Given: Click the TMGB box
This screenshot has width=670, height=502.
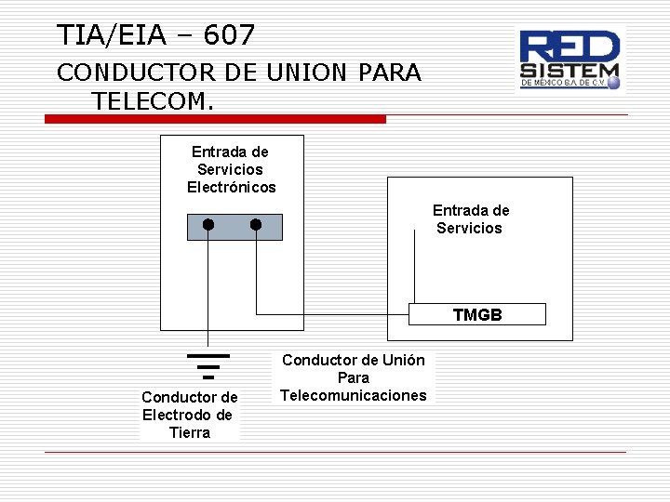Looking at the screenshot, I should click(477, 314).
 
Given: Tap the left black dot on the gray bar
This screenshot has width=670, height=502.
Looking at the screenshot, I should click(208, 225).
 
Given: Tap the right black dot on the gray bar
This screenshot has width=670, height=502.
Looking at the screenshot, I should click(256, 225).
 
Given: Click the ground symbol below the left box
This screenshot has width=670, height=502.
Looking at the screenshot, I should click(208, 364).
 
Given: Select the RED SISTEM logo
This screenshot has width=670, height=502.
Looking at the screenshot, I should click(569, 59).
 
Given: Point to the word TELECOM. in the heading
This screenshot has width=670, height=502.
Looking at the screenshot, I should click(153, 99).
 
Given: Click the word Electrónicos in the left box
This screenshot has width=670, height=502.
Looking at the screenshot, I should click(232, 187).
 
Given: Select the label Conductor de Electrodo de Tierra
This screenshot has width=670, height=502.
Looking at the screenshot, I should click(190, 415).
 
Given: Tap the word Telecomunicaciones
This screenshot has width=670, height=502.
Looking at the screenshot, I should click(354, 395).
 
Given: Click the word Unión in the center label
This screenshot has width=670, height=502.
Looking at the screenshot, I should click(402, 360).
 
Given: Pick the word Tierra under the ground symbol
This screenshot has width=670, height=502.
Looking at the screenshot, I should click(190, 432).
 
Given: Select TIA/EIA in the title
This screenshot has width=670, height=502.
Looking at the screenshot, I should click(110, 35).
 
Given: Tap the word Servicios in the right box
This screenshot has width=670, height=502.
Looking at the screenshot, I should click(469, 228).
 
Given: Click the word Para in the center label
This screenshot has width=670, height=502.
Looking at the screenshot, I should click(354, 377).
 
